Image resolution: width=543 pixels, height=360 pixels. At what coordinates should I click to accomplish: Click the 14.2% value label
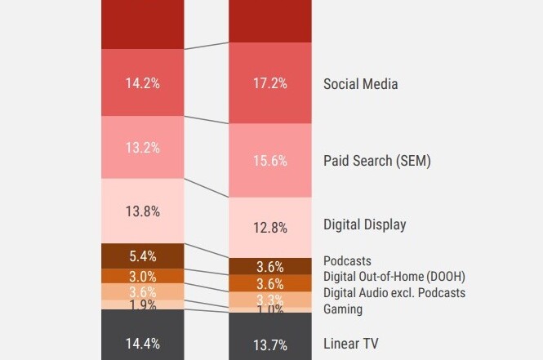142,82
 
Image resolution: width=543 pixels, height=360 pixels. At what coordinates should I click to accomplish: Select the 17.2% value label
269,83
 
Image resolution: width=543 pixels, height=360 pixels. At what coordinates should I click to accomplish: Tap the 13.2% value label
142,148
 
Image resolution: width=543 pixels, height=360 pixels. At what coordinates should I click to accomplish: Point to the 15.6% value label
269,161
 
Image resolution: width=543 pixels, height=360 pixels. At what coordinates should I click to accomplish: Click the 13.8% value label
142,211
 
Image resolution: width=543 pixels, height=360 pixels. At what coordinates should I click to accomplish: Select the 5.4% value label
142,256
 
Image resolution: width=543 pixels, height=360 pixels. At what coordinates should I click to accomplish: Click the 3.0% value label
142,276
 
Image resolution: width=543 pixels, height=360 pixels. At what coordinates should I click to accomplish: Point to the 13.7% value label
269,344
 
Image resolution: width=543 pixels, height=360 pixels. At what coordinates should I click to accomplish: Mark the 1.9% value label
142,304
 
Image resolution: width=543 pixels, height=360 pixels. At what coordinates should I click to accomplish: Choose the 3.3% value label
269,299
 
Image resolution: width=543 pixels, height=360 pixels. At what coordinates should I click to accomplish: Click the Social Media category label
360,83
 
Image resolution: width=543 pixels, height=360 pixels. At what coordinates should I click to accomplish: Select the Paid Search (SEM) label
376,161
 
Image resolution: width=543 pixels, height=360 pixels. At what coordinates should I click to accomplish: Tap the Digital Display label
364,224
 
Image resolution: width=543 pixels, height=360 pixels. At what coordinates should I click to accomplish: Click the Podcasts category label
347,261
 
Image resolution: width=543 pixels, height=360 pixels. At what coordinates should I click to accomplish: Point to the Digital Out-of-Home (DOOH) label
394,277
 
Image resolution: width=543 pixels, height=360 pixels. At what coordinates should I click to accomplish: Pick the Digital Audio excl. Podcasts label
394,293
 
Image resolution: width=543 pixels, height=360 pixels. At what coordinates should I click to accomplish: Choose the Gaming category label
343,309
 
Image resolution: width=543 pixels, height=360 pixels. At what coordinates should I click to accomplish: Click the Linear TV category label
351,344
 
